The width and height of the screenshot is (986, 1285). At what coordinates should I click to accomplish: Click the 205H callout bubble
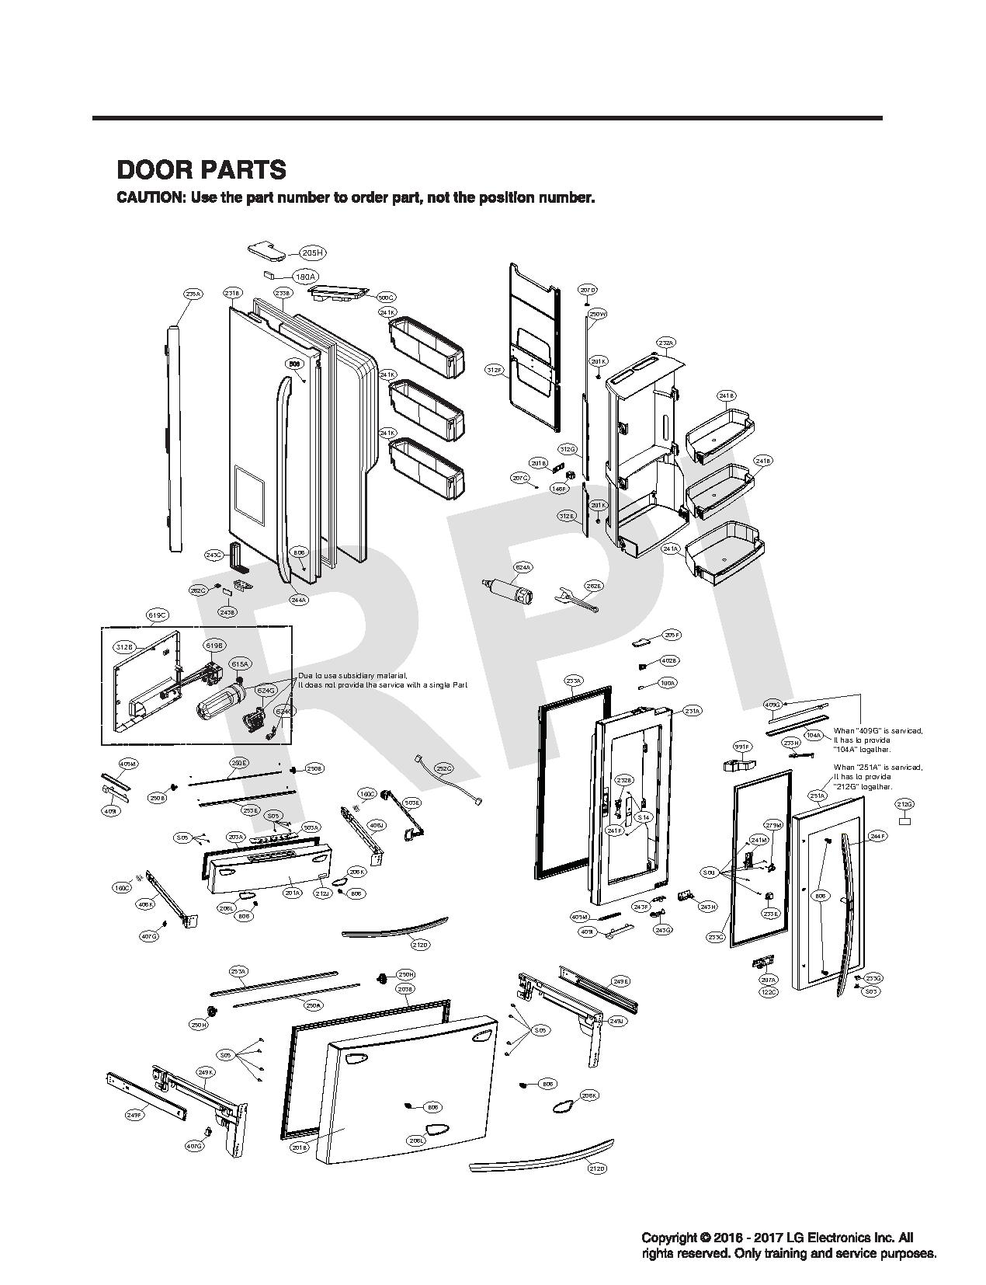pyautogui.click(x=312, y=252)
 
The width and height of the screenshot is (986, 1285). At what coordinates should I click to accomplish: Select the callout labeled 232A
pyautogui.click(x=666, y=343)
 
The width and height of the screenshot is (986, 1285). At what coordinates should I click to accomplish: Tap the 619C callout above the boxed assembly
pyautogui.click(x=158, y=615)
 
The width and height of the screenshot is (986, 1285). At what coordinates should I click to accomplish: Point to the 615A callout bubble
pyautogui.click(x=240, y=664)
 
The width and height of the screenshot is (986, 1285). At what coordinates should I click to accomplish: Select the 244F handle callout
pyautogui.click(x=878, y=836)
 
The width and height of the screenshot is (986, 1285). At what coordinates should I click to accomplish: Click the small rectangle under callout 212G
pyautogui.click(x=904, y=820)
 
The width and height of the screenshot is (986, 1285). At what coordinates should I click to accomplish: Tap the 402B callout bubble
pyautogui.click(x=669, y=660)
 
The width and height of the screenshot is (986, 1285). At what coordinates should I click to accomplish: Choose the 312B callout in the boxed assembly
pyautogui.click(x=124, y=646)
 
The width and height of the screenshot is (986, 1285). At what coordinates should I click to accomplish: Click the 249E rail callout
pyautogui.click(x=621, y=981)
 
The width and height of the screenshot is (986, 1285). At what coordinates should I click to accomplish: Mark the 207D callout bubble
pyautogui.click(x=588, y=290)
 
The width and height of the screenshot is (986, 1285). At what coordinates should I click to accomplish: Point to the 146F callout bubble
pyautogui.click(x=559, y=489)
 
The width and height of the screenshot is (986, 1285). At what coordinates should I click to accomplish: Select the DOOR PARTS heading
pyautogui.click(x=201, y=169)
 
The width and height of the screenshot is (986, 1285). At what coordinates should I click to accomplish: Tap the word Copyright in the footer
pyautogui.click(x=669, y=1238)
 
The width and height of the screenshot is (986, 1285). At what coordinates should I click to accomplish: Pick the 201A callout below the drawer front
pyautogui.click(x=293, y=893)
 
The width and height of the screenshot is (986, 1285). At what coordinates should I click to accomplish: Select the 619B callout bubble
pyautogui.click(x=214, y=646)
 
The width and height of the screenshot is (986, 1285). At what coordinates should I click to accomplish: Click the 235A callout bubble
pyautogui.click(x=193, y=294)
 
